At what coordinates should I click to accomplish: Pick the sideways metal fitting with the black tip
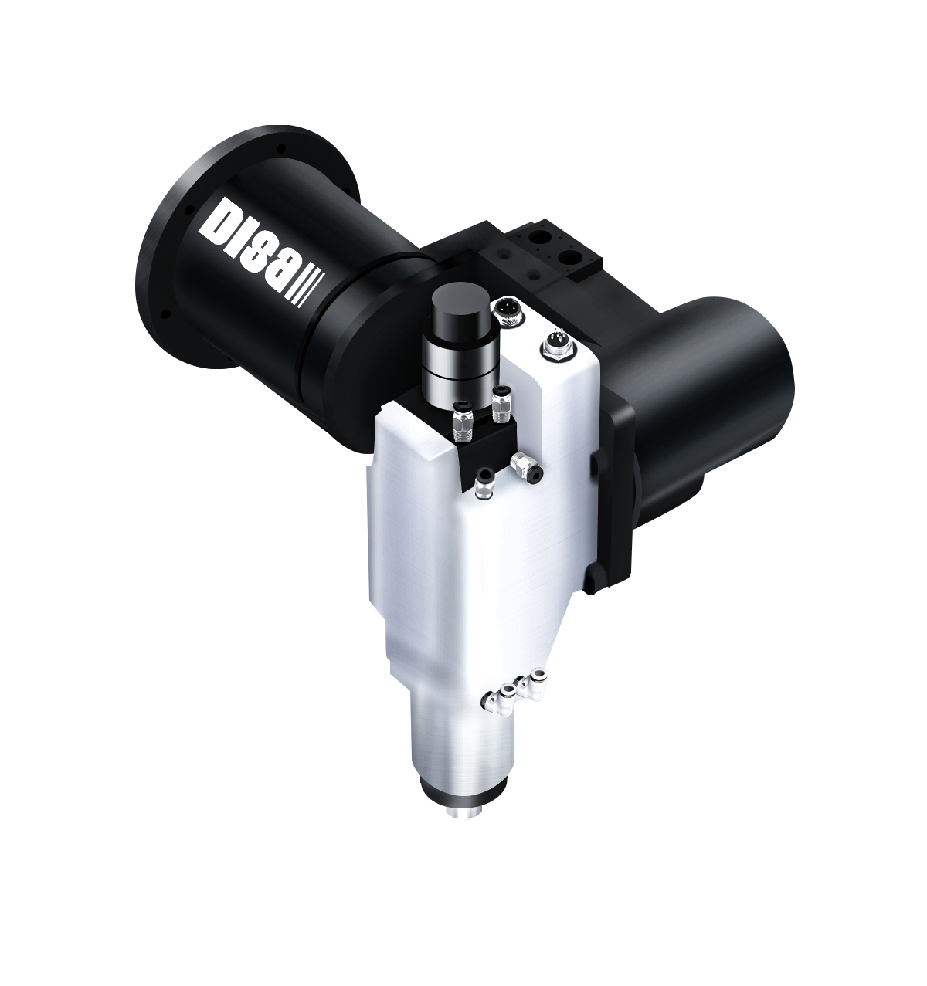527,466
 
